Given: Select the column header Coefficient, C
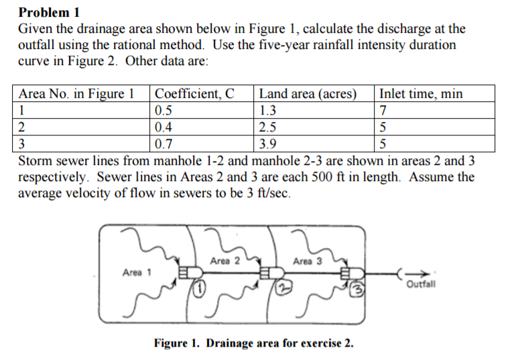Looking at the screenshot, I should coord(194,93).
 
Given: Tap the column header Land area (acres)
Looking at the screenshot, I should coord(307,93).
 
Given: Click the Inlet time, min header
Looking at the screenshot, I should coord(421,93).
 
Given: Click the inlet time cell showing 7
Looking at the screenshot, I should coord(383,110).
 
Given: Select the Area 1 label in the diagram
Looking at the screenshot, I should coord(137,272).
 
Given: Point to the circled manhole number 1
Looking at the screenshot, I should coord(198,290).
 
